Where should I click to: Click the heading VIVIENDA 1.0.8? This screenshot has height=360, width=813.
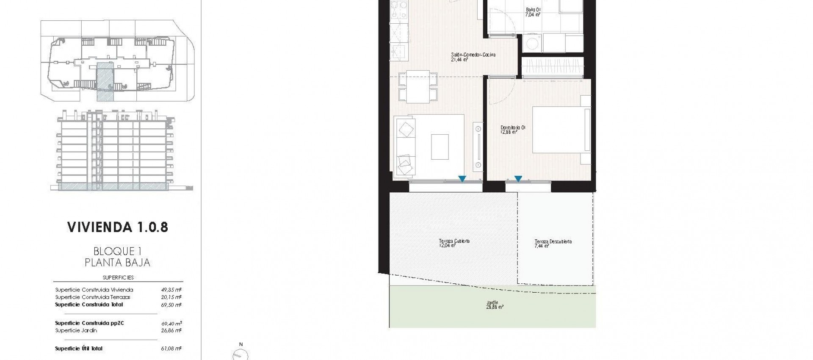[118, 227]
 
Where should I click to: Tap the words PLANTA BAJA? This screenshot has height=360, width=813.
[117, 263]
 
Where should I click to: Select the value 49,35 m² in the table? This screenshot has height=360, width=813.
[171, 290]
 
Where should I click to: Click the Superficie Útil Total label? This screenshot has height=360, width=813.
[79, 349]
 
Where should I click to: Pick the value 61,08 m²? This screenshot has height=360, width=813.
[171, 349]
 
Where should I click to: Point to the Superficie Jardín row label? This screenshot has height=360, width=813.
[76, 330]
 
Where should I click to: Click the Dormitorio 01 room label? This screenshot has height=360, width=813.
[513, 129]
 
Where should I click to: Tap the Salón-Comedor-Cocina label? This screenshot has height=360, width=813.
[473, 57]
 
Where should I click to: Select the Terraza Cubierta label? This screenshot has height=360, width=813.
[454, 243]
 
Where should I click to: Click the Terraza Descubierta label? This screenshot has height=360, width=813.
[553, 244]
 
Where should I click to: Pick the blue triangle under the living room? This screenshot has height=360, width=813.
[462, 179]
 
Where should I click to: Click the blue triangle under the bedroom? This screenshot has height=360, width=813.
[518, 179]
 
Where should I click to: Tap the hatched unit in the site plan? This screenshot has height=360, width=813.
[105, 80]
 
